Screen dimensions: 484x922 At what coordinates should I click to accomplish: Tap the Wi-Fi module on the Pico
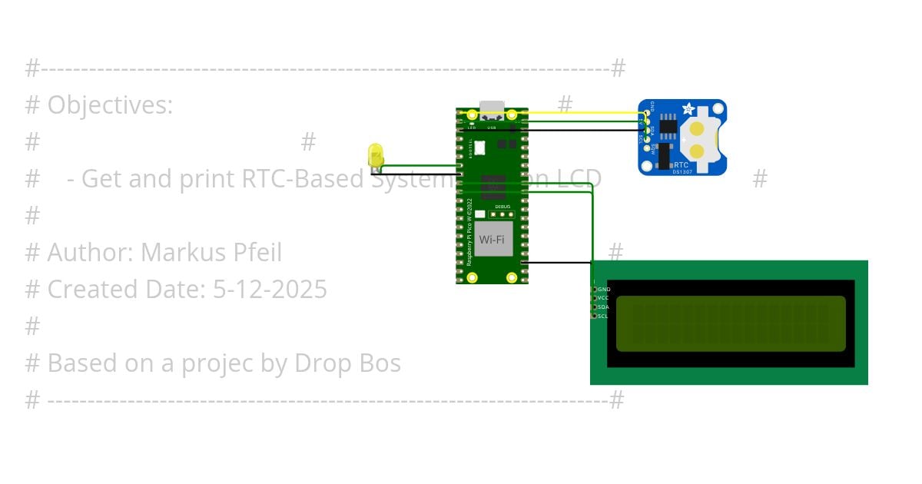pyautogui.click(x=493, y=239)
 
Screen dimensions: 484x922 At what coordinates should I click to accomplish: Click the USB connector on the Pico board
pyautogui.click(x=492, y=110)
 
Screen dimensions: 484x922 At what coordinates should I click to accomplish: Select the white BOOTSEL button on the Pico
pyautogui.click(x=479, y=148)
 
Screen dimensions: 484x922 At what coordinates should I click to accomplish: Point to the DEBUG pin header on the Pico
pyautogui.click(x=502, y=214)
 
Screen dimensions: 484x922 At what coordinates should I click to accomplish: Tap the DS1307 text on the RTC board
pyautogui.click(x=682, y=171)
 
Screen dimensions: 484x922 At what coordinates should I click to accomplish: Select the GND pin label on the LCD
pyautogui.click(x=604, y=289)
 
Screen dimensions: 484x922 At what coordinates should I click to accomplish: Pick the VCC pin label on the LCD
pyautogui.click(x=604, y=298)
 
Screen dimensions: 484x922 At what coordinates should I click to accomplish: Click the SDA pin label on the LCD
pyautogui.click(x=604, y=307)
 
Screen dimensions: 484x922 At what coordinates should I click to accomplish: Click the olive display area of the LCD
pyautogui.click(x=730, y=323)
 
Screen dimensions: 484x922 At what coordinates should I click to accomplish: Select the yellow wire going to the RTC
pyautogui.click(x=584, y=112)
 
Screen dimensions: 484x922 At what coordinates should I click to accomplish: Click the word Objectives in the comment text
pyautogui.click(x=110, y=105)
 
